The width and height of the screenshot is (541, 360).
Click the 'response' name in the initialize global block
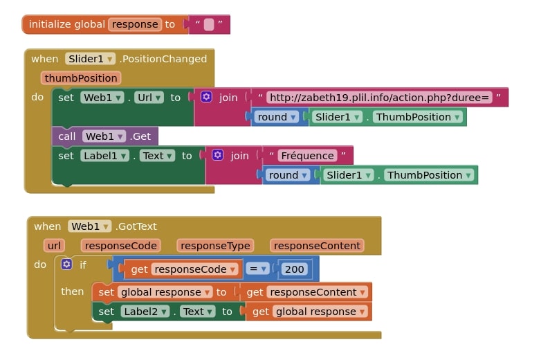(135, 24)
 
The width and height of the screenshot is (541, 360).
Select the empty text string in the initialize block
(209, 25)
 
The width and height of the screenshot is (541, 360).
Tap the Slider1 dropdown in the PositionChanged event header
(91, 59)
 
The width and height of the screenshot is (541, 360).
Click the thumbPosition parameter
(81, 78)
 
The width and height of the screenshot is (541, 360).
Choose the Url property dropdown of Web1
(149, 98)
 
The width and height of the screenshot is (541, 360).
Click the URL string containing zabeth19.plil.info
(379, 98)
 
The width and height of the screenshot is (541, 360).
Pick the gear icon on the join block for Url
(206, 98)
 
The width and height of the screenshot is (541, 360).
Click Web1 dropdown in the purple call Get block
(104, 136)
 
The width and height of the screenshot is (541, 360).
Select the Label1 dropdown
(105, 156)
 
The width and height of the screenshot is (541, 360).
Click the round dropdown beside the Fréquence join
(288, 175)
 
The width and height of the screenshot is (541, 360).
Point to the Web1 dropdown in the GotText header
(89, 226)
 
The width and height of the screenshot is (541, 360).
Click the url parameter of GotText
(55, 246)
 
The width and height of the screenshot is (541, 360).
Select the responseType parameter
(214, 246)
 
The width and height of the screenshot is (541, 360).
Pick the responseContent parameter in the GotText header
(317, 246)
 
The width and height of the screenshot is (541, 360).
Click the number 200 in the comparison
(294, 269)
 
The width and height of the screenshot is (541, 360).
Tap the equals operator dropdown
(258, 269)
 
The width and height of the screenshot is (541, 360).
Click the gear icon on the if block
(66, 264)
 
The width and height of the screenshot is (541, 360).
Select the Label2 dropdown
(145, 312)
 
